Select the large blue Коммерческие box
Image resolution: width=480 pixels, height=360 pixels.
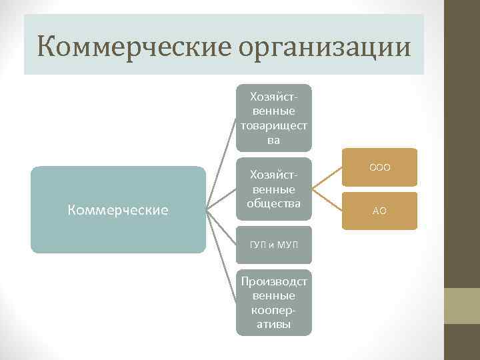pyautogui.click(x=118, y=210)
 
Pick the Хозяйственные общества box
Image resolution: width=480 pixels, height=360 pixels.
pyautogui.click(x=273, y=189)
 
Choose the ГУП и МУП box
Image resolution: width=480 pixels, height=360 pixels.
pyautogui.click(x=273, y=245)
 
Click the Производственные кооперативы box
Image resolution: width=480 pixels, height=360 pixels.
pyautogui.click(x=273, y=302)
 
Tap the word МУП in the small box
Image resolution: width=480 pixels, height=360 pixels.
pyautogui.click(x=286, y=245)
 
